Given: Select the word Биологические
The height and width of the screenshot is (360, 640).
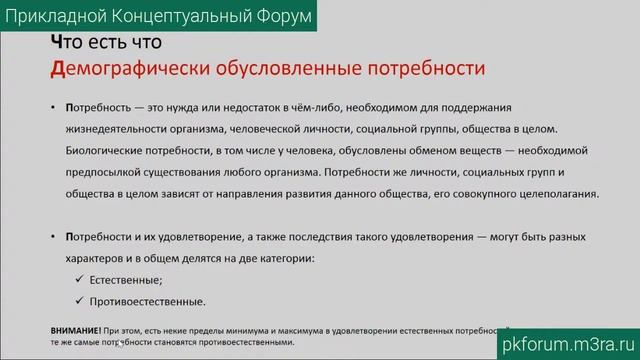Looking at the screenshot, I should [109, 151].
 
